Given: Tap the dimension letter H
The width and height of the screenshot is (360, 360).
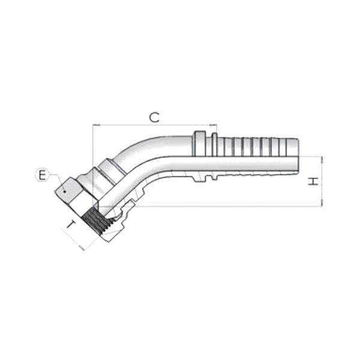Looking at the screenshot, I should (x=313, y=181).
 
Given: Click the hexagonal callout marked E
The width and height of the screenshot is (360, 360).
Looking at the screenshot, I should (x=41, y=175).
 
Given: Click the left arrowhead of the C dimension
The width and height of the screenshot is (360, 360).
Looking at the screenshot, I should (x=95, y=125).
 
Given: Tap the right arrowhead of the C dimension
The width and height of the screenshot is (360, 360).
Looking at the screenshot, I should (x=214, y=125).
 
